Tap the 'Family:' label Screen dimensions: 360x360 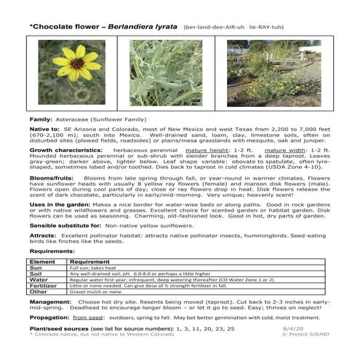(40, 116)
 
